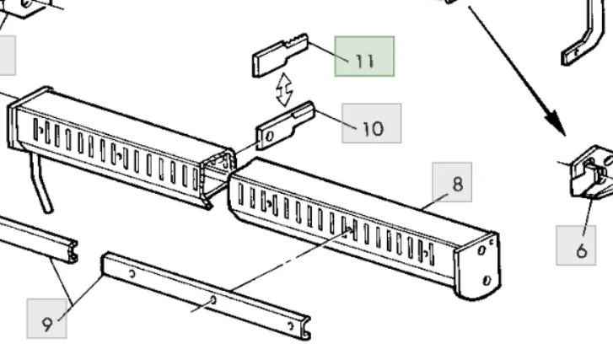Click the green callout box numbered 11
point(364,56)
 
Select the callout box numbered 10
point(371,123)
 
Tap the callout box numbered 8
point(452,182)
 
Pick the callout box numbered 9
point(47,319)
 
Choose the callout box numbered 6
point(576,245)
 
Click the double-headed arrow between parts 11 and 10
point(284,89)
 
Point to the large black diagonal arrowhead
point(556,123)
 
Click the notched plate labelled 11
point(280,55)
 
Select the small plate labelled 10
point(285,126)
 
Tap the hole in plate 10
point(269,137)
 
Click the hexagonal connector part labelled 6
point(591,172)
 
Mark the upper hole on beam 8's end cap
point(481,250)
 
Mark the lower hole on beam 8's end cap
point(487,280)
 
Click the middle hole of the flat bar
point(213,300)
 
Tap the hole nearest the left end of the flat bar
point(132,274)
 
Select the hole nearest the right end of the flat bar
point(290,325)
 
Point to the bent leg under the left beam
point(41,183)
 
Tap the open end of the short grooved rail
point(72,252)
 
